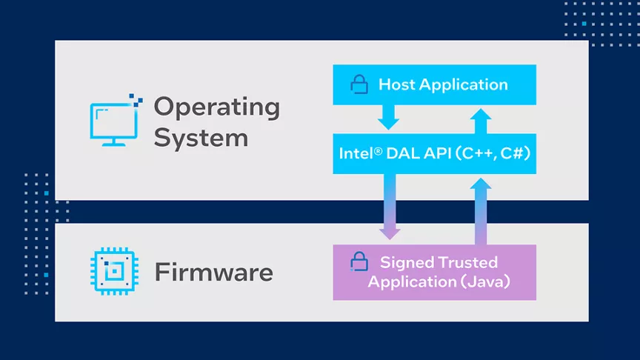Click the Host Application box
434,84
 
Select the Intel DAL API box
434,153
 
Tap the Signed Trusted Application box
434,273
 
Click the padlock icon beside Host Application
359,84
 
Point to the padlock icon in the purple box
359,261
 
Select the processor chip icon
114,271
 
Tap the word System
201,138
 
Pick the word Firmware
214,273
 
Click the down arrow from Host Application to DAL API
388,118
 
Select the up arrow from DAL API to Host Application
481,121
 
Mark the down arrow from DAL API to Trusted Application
390,207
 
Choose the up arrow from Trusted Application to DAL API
481,211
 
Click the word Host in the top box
396,84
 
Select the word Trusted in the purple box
469,262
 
